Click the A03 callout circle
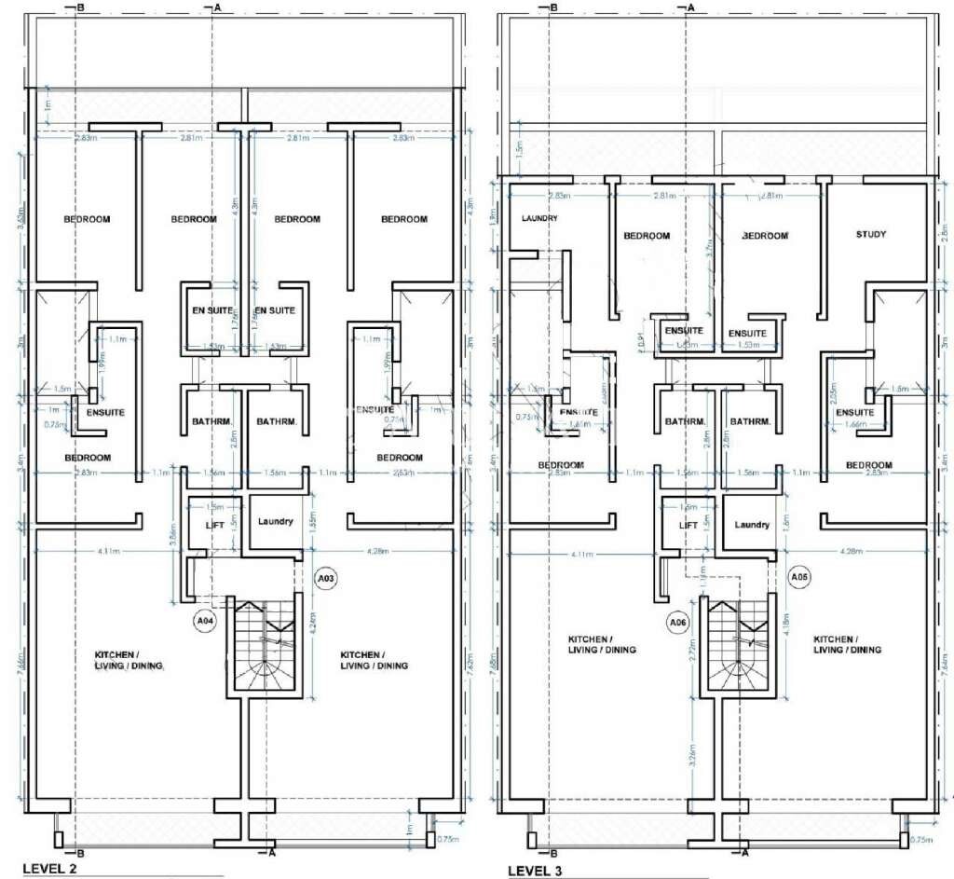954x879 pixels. pos(327,579)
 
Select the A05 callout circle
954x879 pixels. pos(799,578)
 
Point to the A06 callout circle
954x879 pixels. pos(679,621)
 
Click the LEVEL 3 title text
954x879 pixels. pos(541,871)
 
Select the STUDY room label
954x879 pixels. pos(871,235)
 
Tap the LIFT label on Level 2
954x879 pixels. pos(216,526)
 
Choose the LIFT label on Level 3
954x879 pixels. pos(688,526)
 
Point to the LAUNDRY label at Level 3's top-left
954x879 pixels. pos(540,218)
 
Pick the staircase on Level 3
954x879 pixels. pos(738,645)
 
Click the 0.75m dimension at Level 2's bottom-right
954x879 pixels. pos(448,839)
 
